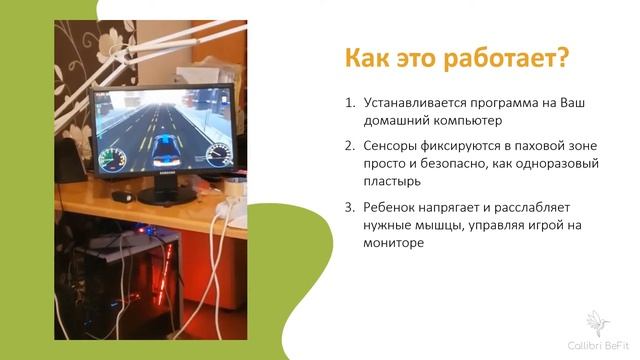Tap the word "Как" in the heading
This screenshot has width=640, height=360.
370,58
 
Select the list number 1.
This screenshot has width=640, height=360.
349,102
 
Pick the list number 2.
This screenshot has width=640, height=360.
349,145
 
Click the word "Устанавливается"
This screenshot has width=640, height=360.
412,102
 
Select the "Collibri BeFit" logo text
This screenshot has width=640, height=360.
602,342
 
